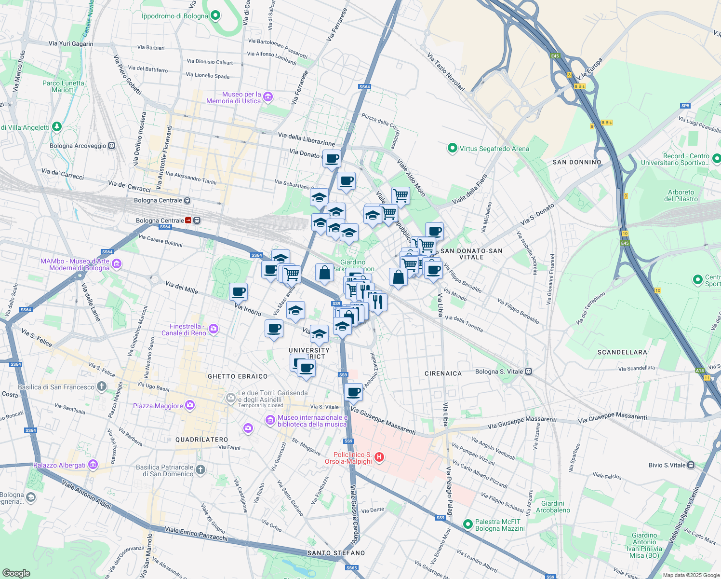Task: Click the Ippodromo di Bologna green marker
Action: coord(215,16)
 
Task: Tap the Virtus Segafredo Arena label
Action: coord(494,149)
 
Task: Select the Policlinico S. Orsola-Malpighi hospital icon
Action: coord(379,457)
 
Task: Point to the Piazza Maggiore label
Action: coord(158,406)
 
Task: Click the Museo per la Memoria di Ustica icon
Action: coord(268,97)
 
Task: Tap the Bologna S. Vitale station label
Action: coord(499,372)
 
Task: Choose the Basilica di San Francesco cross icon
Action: coord(101,386)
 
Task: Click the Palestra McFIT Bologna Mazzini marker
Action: coord(467,524)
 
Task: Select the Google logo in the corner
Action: coord(16,573)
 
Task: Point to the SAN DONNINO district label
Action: coord(577,162)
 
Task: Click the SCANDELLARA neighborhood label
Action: coord(622,352)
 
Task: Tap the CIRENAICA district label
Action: coord(443,373)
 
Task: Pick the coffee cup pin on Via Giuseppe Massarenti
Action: coord(353,392)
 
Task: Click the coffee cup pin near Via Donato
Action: coord(331,158)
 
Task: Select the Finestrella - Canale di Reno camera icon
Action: coord(214,329)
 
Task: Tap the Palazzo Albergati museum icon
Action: coord(93,465)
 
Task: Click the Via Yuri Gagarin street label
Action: coord(71,43)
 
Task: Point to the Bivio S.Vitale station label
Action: coord(667,465)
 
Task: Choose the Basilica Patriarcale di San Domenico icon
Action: coord(200,469)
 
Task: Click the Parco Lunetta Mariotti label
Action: coord(63,86)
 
